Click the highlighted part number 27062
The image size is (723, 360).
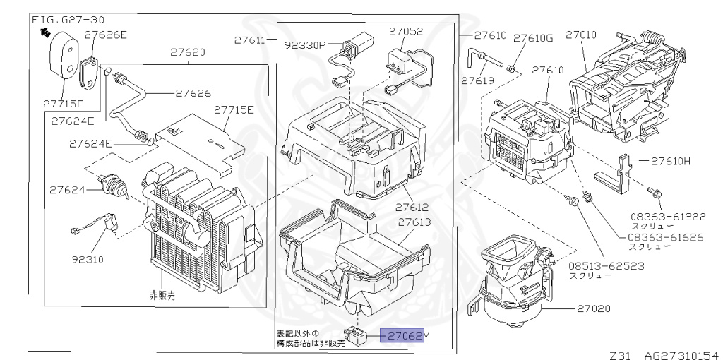tap(402, 336)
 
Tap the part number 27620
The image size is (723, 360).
tap(187, 52)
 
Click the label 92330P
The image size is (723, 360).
tap(304, 44)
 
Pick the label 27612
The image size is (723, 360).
tap(412, 208)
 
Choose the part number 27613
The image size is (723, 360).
tap(414, 222)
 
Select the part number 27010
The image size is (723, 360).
tap(580, 34)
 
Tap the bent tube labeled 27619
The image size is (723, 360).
tap(486, 56)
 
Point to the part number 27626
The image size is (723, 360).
tap(193, 92)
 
